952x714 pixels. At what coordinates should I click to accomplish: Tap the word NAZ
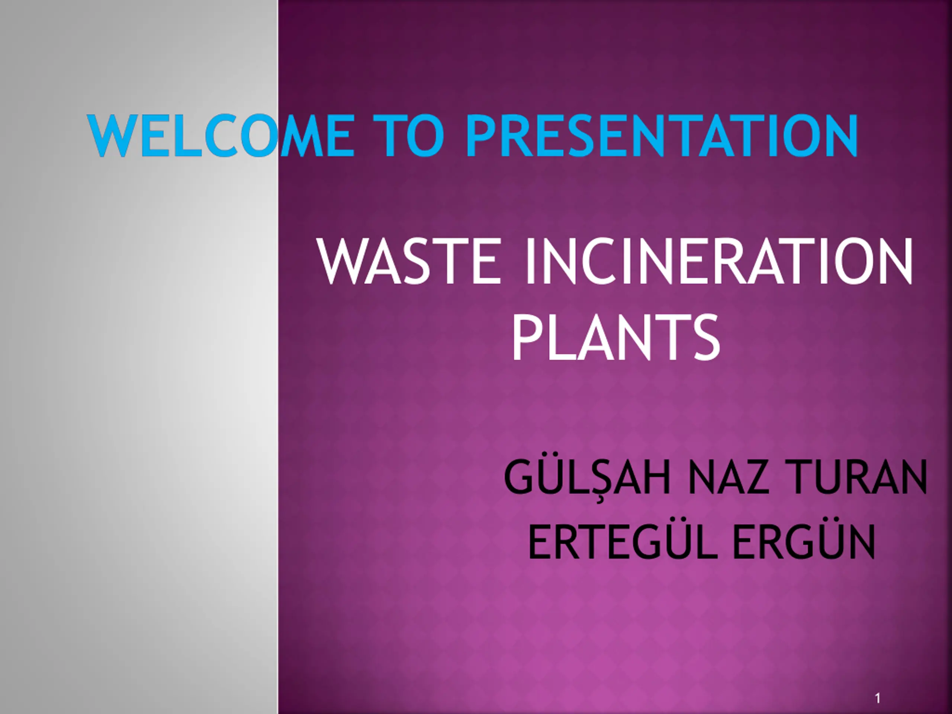(x=728, y=478)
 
